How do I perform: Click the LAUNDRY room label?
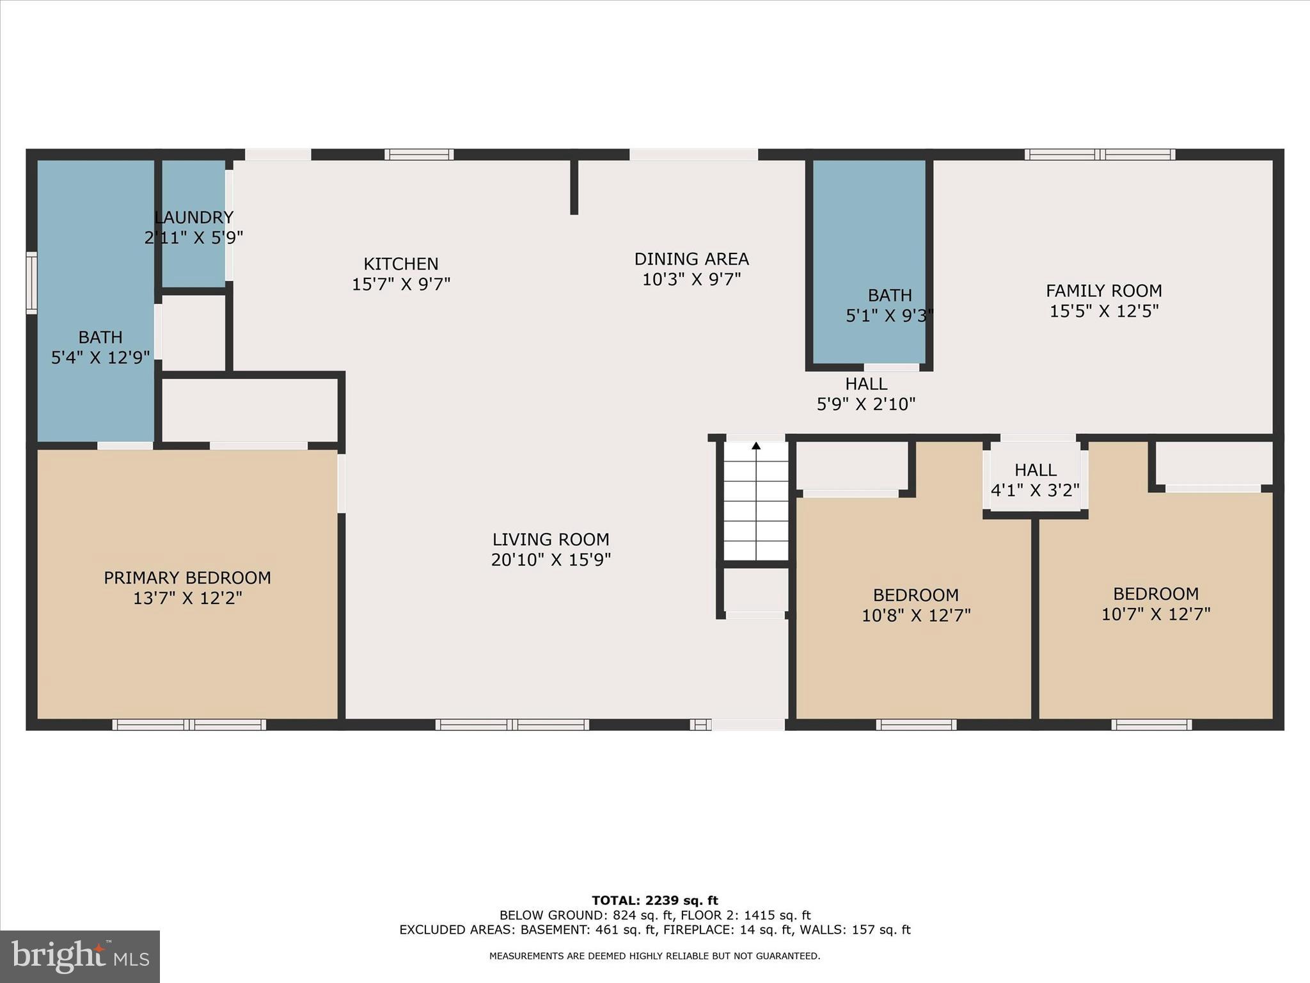pos(193,218)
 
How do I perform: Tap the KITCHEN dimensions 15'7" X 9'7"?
pos(401,284)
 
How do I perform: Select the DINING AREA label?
pos(691,259)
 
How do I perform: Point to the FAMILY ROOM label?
pos(1103,291)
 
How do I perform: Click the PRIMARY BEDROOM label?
pos(187,578)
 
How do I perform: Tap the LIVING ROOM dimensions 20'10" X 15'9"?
pos(551,560)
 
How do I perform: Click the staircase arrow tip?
pos(756,445)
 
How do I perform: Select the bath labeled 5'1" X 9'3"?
pos(889,305)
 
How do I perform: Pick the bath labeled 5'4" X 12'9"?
pos(100,347)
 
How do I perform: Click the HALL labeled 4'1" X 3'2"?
pos(1035,479)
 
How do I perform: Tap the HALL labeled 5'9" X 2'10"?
pos(866,394)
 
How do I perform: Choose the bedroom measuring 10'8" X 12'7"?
pos(916,605)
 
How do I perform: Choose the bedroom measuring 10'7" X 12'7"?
pos(1155,603)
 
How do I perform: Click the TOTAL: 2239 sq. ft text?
pos(654,900)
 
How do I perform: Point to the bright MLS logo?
pos(80,956)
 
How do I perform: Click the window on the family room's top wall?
pos(1100,154)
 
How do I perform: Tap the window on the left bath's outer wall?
pos(31,283)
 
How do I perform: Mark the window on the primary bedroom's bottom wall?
pos(189,724)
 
